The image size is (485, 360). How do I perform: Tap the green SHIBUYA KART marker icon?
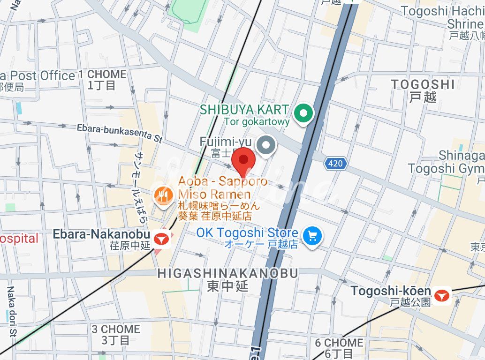pos(303,113)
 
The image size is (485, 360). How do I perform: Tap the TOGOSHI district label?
pos(423,84)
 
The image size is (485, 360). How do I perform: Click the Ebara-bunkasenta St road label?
pos(119,133)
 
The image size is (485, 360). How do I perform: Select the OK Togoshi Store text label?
pos(247,233)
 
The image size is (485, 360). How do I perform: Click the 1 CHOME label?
pos(102,75)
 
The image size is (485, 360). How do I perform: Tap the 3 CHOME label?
pos(115,329)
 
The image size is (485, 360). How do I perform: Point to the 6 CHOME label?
pos(339,343)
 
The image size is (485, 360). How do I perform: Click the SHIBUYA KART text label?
pos(244,110)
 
